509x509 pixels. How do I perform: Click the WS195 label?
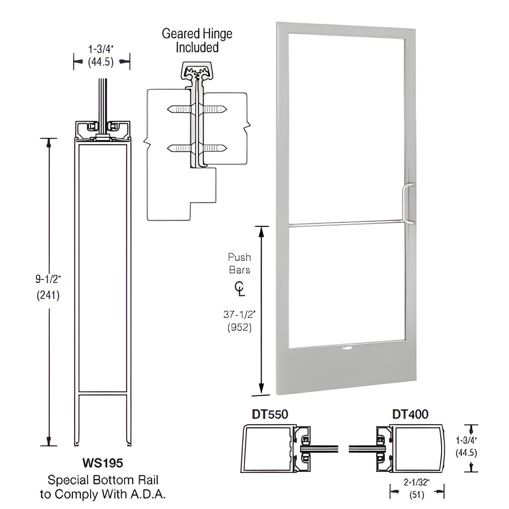(103, 463)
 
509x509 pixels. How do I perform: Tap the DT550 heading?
(270, 414)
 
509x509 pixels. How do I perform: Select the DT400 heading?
(410, 414)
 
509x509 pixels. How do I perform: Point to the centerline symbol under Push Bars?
(240, 290)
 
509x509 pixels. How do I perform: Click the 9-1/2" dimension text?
(48, 279)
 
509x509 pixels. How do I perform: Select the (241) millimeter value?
(48, 295)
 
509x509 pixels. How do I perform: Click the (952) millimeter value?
(240, 328)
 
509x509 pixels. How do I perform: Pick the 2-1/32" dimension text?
(416, 482)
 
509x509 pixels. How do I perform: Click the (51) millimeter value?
(416, 495)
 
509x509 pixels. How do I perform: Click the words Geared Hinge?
(197, 34)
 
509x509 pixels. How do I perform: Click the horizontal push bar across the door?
(345, 223)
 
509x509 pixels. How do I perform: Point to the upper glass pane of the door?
(346, 127)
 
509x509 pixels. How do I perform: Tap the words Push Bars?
(240, 263)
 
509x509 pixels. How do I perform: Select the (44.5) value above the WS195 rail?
(101, 62)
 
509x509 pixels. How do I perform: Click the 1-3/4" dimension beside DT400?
(466, 440)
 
